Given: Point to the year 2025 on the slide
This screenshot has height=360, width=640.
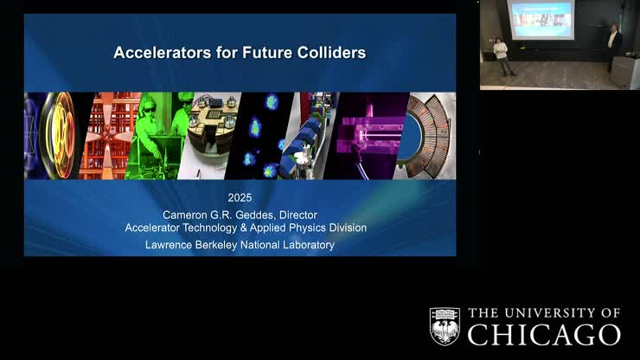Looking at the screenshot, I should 240,197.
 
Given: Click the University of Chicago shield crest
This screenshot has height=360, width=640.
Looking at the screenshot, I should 445,325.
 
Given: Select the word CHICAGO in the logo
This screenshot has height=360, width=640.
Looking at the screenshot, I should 544,335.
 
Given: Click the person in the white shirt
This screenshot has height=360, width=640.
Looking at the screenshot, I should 501,55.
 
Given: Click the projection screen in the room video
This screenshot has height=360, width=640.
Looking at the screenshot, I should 541,19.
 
